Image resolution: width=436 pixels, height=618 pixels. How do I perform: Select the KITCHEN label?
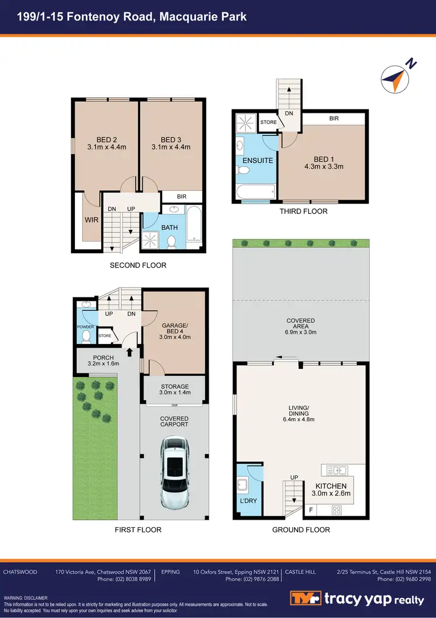[x=331, y=486]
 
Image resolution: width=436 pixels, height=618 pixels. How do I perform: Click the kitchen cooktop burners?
[x=336, y=510]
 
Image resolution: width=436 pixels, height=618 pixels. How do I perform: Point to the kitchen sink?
[x=336, y=470]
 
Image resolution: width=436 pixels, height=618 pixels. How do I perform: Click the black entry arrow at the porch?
[x=130, y=351]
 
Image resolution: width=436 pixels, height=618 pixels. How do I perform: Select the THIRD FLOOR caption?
[x=304, y=211]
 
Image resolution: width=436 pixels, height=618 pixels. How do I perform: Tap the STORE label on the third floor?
[x=268, y=123]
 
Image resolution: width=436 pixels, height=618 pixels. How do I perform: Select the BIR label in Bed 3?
[x=181, y=197]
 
